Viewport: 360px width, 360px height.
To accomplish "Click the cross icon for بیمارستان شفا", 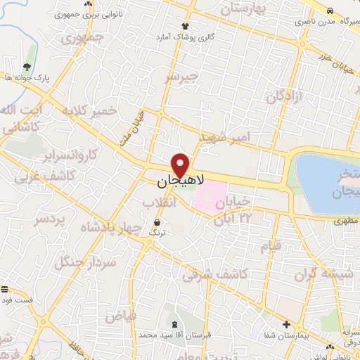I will (x=285, y=324).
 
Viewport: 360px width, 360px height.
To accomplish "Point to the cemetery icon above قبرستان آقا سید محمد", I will (x=174, y=325).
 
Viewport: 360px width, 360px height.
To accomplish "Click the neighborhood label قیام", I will (x=270, y=246).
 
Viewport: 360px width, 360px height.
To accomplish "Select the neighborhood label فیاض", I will (x=121, y=316).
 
